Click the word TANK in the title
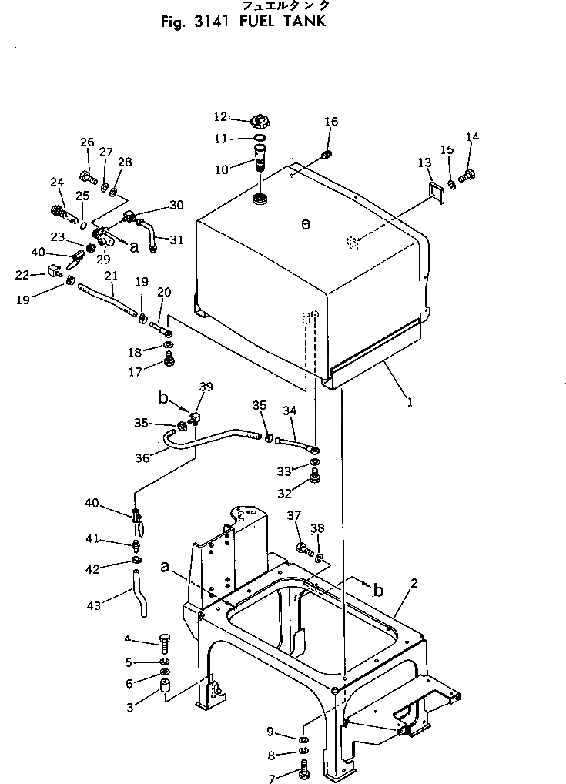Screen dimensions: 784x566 coord(300,21)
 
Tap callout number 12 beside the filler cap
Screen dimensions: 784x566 coord(221,117)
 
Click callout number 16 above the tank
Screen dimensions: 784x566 coord(330,122)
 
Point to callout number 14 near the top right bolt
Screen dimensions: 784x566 coord(494,137)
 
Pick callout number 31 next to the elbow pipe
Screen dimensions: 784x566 coord(176,240)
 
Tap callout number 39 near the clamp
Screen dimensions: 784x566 coord(206,386)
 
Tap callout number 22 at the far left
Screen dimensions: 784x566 coord(22,274)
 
